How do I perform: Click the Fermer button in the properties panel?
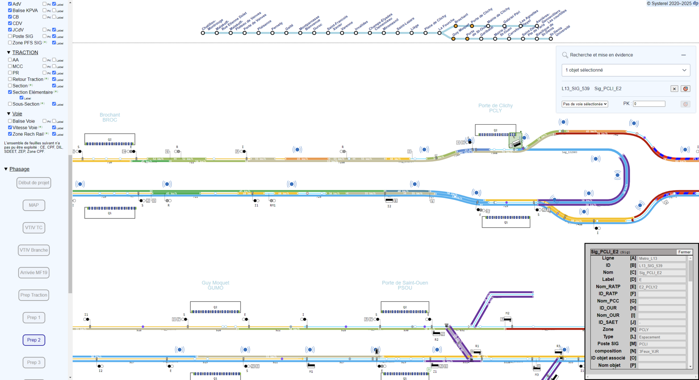coord(684,252)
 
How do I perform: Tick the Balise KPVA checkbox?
coord(10,10)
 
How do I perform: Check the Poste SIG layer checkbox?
coord(10,36)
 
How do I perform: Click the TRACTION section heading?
coord(25,52)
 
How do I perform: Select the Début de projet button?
coord(34,183)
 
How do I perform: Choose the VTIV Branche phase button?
coord(34,250)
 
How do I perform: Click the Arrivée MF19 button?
coord(34,273)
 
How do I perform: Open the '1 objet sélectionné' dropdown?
coord(626,70)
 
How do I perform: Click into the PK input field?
coord(649,104)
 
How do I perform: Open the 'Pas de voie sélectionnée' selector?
coord(585,104)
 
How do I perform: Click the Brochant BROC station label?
coord(110,117)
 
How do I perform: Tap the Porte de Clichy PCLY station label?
coord(495,108)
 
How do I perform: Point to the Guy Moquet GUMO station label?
coord(215,285)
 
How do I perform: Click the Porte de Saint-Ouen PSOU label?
coord(405,285)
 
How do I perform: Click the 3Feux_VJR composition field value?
coord(661,351)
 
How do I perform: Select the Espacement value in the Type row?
coord(661,337)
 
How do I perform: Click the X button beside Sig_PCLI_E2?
coord(674,89)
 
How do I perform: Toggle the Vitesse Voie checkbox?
coord(10,127)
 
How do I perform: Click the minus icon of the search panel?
coord(683,55)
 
